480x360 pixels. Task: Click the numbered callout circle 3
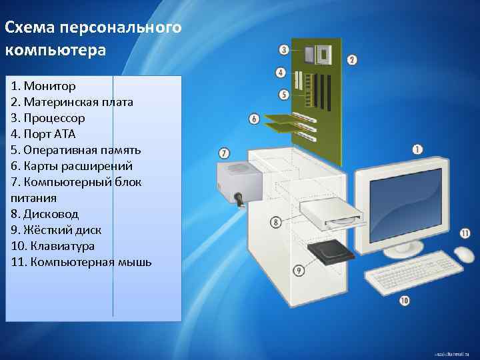[x=284, y=49]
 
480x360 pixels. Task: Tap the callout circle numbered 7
[x=224, y=153]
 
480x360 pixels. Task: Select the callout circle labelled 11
[x=465, y=233]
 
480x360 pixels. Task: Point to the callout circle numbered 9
[x=299, y=270]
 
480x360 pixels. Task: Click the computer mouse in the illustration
[x=464, y=254]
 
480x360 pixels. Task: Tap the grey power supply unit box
[x=240, y=183]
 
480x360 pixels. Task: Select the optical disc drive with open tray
[x=331, y=214]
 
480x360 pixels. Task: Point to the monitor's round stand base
[x=403, y=251]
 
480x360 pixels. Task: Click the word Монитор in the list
[x=49, y=86]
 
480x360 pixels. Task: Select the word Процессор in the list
[x=54, y=119]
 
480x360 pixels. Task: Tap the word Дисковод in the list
[x=51, y=214]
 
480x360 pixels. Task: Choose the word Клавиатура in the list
[x=63, y=246]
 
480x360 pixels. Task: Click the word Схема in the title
[x=30, y=27]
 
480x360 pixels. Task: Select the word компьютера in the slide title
[x=55, y=51]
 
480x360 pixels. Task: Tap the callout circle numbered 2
[x=352, y=59]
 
